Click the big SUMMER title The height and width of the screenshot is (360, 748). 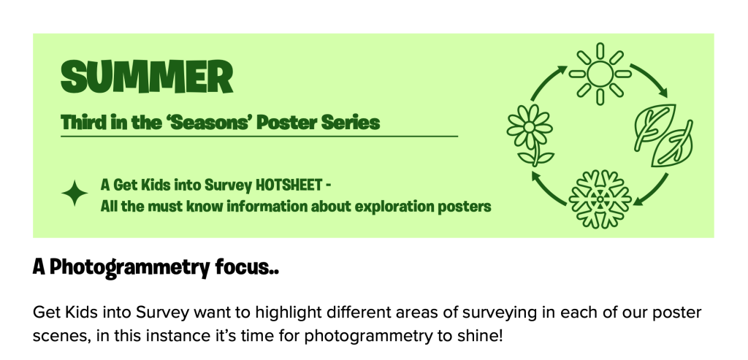pos(147,76)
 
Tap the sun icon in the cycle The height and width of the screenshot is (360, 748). pos(600,74)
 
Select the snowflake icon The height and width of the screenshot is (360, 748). pos(600,199)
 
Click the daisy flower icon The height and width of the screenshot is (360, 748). pos(530,135)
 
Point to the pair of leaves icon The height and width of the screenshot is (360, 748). pos(663,135)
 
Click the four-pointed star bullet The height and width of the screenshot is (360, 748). pos(75,193)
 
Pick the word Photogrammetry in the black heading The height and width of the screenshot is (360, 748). pos(129,267)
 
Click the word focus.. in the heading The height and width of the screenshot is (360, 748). pos(247,267)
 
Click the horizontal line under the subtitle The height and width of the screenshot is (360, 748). pos(259,137)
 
